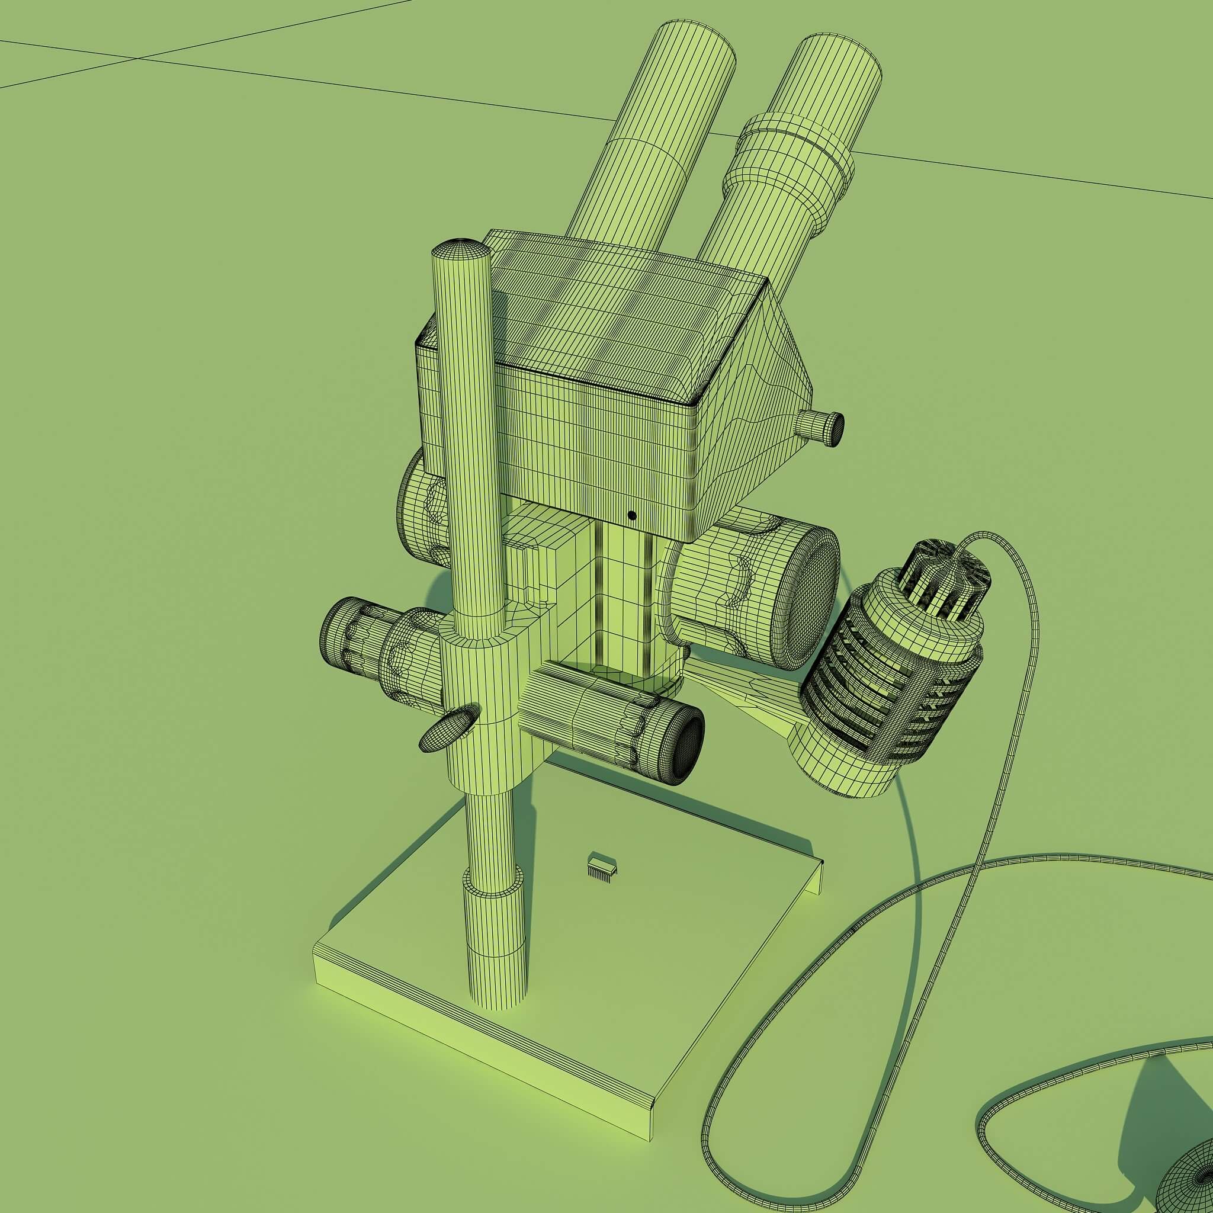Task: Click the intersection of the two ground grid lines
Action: tap(138, 58)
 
